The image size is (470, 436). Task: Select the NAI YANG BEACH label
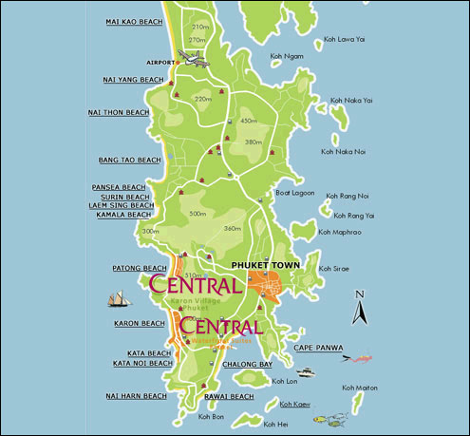(133, 80)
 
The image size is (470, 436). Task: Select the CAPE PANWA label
(318, 348)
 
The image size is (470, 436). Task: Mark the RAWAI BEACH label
(229, 396)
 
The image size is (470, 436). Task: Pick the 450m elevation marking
(249, 121)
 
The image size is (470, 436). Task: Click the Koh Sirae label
(335, 269)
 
